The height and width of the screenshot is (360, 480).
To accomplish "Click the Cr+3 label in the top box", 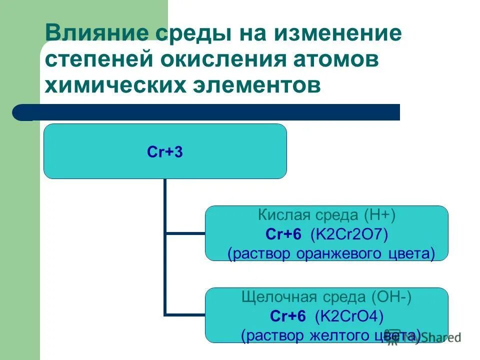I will click(x=165, y=152).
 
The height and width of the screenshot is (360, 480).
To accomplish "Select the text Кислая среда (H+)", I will click(x=326, y=215).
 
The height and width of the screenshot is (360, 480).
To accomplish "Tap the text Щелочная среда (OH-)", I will click(x=326, y=297).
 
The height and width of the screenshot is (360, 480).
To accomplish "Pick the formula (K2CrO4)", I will click(x=349, y=316).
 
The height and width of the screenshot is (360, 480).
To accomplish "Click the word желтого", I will click(x=334, y=335).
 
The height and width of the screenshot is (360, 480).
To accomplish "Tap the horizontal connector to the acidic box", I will click(x=185, y=233).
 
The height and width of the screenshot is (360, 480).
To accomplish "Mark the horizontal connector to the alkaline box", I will click(x=185, y=315).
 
